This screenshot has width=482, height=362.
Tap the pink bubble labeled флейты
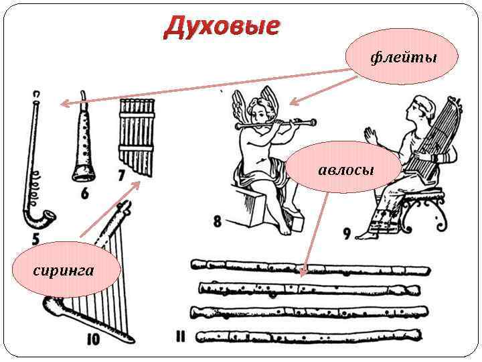point(402,56)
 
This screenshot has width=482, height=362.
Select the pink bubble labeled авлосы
point(345,168)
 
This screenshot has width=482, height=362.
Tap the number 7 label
point(121,176)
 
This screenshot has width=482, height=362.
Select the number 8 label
point(218,220)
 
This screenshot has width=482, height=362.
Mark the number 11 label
point(180,337)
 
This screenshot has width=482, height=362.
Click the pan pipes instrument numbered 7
point(136,134)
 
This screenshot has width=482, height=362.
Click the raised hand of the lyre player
point(370,133)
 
